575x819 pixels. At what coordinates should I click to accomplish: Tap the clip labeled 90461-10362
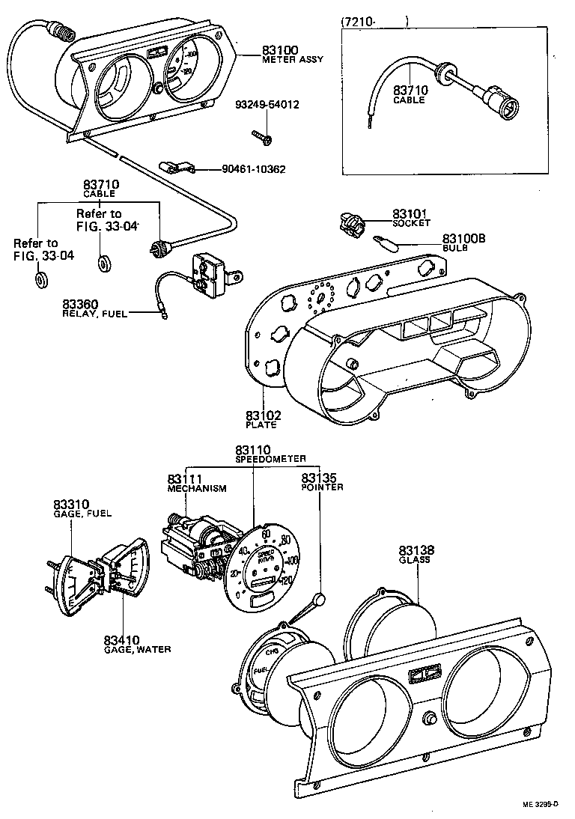pos(177,168)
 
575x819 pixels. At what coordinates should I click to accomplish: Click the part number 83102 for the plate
pos(261,415)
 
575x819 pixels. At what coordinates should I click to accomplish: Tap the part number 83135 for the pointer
pos(319,477)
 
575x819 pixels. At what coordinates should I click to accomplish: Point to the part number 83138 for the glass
pos(416,550)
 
